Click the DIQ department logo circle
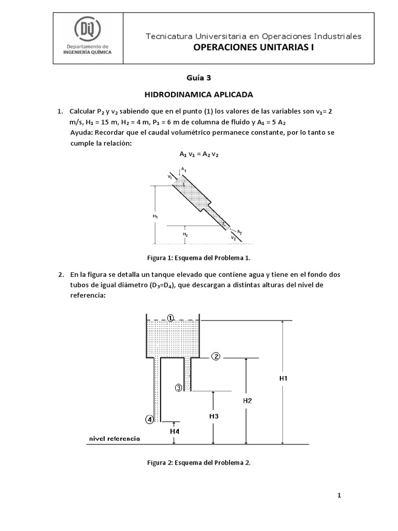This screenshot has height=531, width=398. pos(88,28)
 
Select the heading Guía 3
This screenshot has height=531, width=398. pos(200,78)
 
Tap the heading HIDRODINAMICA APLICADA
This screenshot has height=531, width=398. pos(199,95)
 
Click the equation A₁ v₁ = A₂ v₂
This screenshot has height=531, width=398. pos(199,154)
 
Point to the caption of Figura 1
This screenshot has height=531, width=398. pos(199,258)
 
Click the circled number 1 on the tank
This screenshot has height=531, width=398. pos(172,317)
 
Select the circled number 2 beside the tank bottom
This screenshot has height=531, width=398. pos(216,356)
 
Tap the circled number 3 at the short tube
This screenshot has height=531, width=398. pos(178,388)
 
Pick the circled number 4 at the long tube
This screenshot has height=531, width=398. pos(149,420)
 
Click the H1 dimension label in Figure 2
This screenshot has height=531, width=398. pos(283,379)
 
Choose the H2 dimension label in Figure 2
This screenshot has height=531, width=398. pos(247,400)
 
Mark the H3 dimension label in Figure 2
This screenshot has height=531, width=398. pos(214,416)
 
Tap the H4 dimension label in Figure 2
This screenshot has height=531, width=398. pos(175,431)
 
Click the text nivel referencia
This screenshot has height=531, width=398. pos(115,439)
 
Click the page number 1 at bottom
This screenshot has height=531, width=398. pos(339,496)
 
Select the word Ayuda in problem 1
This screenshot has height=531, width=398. pos(81,133)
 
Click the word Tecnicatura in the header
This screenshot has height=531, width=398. pos(168,36)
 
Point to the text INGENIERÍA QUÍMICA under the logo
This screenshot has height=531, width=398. pos(89,52)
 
